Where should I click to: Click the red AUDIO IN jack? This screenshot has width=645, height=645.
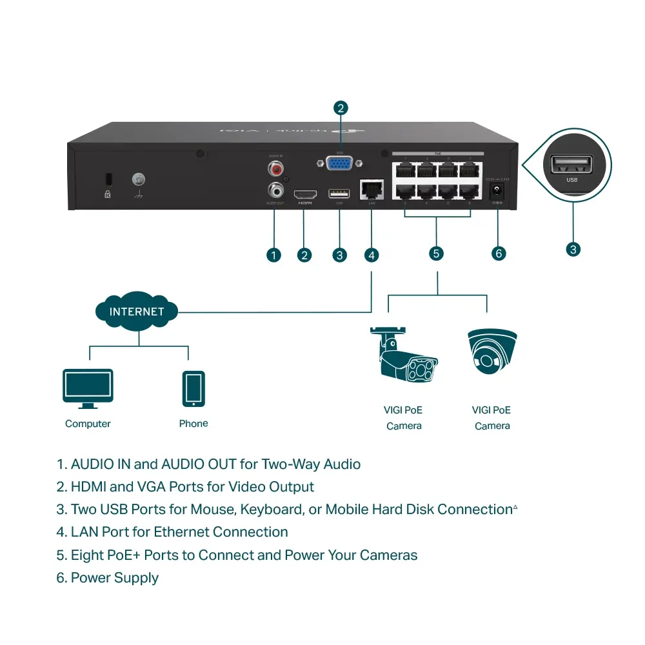point(277,169)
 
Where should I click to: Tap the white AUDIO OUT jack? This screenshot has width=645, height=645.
point(277,190)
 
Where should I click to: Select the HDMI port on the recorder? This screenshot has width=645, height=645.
point(305,194)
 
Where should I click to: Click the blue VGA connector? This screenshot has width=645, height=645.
point(339,164)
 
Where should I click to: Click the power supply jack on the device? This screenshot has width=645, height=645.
point(497,191)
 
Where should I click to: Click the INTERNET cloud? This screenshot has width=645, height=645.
point(137,312)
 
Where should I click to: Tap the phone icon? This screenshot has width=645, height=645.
point(193,388)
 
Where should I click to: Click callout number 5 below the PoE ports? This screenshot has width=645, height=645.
point(437,253)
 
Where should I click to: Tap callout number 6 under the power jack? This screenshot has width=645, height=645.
point(498,253)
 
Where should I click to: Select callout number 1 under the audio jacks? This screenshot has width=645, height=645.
point(274,255)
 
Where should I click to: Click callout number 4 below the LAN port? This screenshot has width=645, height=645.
point(372,255)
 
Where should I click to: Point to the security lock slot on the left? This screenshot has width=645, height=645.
point(108,179)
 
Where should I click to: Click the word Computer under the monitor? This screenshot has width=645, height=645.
point(88,424)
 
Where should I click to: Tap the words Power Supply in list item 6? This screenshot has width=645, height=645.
point(114,578)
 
